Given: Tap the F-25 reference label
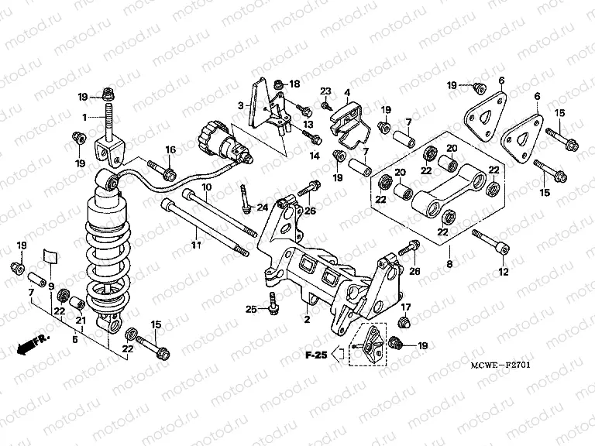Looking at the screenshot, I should coord(315,355).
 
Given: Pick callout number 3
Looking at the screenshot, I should coord(241,105).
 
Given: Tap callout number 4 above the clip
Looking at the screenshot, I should coord(348,93).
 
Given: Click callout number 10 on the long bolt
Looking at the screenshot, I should coord(206,187).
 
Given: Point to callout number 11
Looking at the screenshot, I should coord(196,245).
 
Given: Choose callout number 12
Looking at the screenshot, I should coord(504,272).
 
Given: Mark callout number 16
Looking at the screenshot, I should coord(171,149).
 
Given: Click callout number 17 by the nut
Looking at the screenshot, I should coord(405,307).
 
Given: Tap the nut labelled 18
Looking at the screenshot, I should coord(278,83).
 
